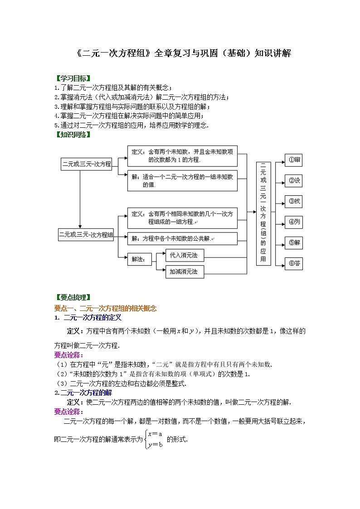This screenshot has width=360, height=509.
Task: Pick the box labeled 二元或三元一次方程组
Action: coord(86,234)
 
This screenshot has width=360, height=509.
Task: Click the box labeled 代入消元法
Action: coord(184,256)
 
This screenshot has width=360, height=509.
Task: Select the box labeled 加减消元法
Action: coord(184,272)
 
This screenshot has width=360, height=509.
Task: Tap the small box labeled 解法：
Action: coord(139,259)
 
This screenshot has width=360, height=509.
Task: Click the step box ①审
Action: coord(294,160)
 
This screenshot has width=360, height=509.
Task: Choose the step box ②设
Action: coord(294,180)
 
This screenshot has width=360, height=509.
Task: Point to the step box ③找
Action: coord(294,201)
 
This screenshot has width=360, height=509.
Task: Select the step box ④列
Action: coord(294,222)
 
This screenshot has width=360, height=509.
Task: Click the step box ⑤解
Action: coord(294,242)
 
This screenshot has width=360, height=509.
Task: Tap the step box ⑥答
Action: coord(294,263)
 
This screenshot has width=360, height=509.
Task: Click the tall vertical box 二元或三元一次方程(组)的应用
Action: coord(263,213)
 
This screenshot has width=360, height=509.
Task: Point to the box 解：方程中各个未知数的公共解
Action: coord(182,238)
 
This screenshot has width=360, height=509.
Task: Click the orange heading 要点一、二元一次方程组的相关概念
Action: coord(105,308)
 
